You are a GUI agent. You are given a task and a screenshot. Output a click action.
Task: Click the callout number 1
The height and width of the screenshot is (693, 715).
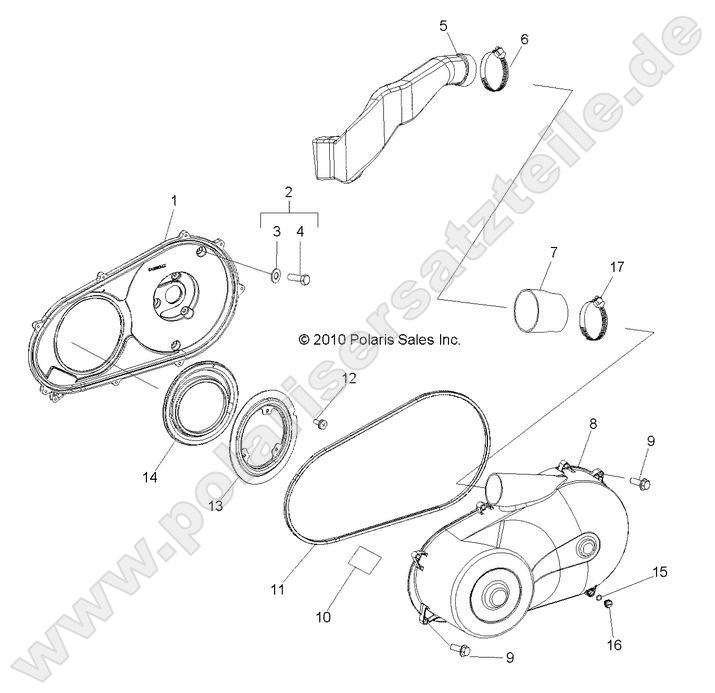pyautogui.click(x=173, y=201)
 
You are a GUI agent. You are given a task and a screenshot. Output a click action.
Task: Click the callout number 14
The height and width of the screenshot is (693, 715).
pyautogui.click(x=149, y=479)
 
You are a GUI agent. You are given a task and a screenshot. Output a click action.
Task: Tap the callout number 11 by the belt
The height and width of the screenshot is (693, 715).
pyautogui.click(x=277, y=590)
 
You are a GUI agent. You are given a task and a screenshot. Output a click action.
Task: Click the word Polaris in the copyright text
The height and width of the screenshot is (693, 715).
pyautogui.click(x=371, y=340)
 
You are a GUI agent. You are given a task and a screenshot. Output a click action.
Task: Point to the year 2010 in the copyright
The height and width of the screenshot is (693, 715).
pyautogui.click(x=329, y=340)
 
